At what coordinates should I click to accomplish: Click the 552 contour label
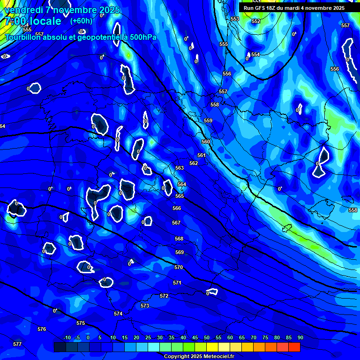tap(255, 21)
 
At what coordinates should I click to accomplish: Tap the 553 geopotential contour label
tap(235, 19)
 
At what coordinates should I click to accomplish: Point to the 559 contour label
tap(208, 120)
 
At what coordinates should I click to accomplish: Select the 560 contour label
tap(206, 142)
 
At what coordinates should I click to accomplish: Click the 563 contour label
tap(180, 168)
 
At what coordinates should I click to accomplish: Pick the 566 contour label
tap(177, 208)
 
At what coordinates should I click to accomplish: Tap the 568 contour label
tap(179, 239)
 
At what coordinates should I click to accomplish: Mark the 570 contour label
tap(179, 267)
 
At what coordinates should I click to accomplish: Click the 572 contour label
tap(164, 296)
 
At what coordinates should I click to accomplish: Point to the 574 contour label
tap(118, 314)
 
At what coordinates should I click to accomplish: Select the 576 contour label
tap(42, 329)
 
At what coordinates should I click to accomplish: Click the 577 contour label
tap(17, 344)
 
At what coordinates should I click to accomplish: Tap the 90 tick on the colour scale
tap(300, 337)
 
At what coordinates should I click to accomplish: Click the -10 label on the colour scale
tap(67, 337)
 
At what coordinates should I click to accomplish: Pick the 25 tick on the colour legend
tap(148, 337)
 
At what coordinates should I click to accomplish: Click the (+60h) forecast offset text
tap(81, 21)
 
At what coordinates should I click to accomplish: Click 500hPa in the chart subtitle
tap(142, 37)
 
